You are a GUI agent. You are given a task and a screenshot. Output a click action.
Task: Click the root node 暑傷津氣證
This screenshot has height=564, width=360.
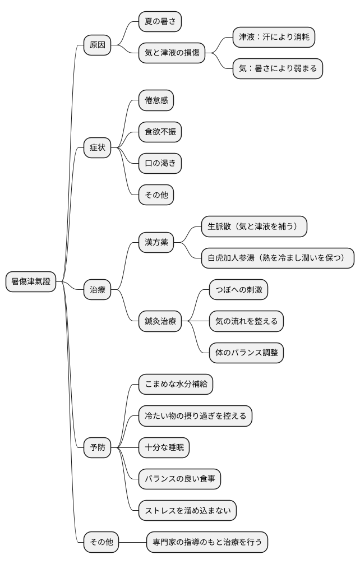[x=31, y=281]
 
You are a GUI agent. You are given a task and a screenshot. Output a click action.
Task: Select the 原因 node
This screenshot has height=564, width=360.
[x=97, y=45]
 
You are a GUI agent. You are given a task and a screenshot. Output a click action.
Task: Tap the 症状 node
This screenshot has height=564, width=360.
[x=97, y=148]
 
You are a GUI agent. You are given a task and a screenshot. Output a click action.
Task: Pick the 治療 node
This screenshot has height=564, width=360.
[x=97, y=290]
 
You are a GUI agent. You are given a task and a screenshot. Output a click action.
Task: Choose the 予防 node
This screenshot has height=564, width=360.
[x=97, y=447]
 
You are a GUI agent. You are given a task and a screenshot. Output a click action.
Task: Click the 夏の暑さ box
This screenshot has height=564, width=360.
[x=160, y=21]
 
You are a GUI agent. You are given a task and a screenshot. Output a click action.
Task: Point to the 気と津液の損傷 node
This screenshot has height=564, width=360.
[x=172, y=53]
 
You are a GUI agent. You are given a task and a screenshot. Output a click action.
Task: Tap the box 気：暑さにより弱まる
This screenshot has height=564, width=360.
[x=278, y=69]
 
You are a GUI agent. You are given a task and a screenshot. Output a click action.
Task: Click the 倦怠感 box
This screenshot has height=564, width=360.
[x=156, y=101]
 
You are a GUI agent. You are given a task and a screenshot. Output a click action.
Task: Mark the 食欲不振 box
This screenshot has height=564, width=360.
[x=160, y=132]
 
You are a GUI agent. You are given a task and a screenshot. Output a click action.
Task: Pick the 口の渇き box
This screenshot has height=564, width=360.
[x=160, y=164]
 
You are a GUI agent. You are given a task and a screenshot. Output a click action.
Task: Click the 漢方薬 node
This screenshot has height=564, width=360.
[x=156, y=242]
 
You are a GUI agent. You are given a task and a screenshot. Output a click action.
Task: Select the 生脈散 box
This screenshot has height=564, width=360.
[x=254, y=226]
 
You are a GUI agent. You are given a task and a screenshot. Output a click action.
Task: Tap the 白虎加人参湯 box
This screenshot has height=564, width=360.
[x=278, y=258]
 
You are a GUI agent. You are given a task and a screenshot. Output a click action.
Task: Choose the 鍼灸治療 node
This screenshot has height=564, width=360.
[x=160, y=321]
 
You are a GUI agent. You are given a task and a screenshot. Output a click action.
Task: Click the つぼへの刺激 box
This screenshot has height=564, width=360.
[x=238, y=290]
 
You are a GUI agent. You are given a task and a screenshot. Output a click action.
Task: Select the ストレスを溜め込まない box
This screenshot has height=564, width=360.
[x=187, y=510]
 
